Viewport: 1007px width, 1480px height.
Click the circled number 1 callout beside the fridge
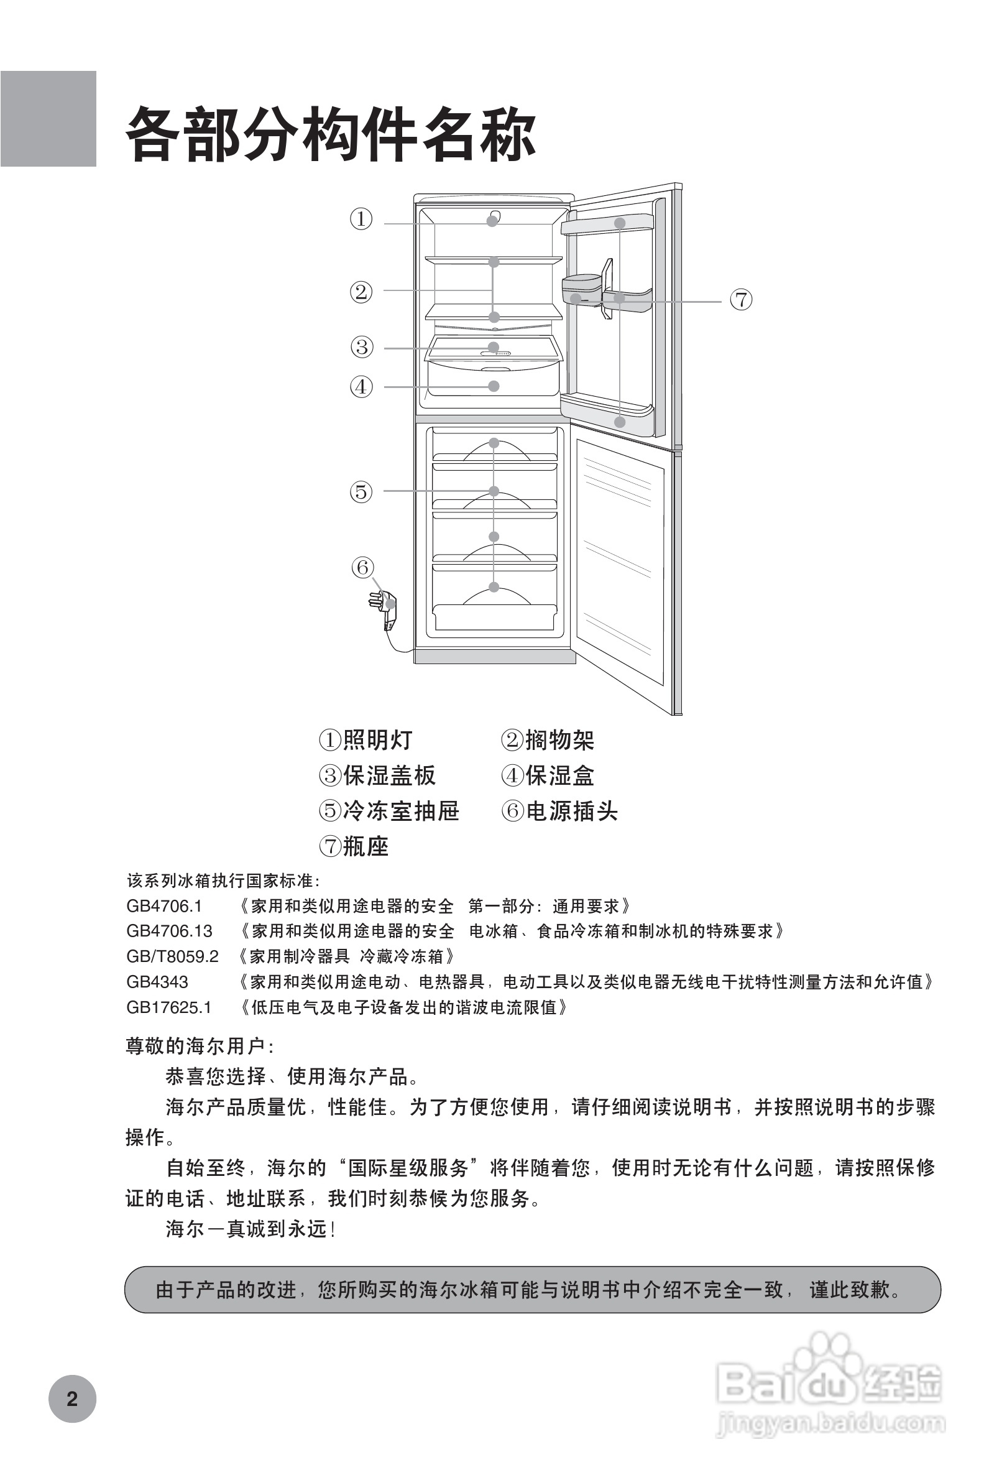point(361,219)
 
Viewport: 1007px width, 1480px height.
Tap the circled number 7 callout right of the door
point(741,299)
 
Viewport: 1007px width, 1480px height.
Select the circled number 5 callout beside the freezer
point(361,492)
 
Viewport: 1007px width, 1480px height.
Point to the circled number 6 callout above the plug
point(363,567)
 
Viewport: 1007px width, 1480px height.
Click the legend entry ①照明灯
point(366,740)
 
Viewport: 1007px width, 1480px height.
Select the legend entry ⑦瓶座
point(354,846)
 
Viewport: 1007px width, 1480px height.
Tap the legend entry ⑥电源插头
point(559,812)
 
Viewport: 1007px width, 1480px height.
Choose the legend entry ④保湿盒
point(548,775)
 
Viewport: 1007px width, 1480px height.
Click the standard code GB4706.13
point(169,931)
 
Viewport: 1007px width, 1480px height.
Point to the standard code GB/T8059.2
point(173,956)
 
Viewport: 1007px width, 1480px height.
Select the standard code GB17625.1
point(168,1007)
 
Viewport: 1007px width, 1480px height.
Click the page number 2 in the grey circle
point(72,1399)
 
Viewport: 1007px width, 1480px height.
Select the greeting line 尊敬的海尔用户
point(200,1046)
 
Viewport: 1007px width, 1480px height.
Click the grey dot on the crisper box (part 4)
point(494,386)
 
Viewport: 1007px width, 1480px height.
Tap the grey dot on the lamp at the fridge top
point(492,221)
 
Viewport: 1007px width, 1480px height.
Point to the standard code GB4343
point(157,982)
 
